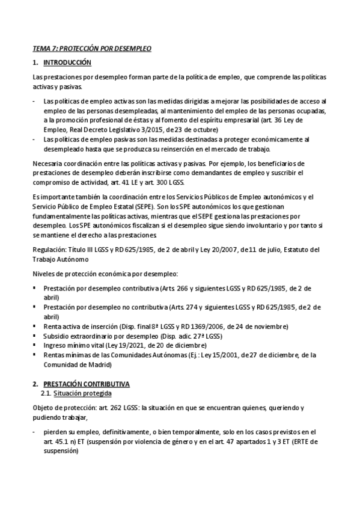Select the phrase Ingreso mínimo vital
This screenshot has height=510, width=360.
tap(72, 346)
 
